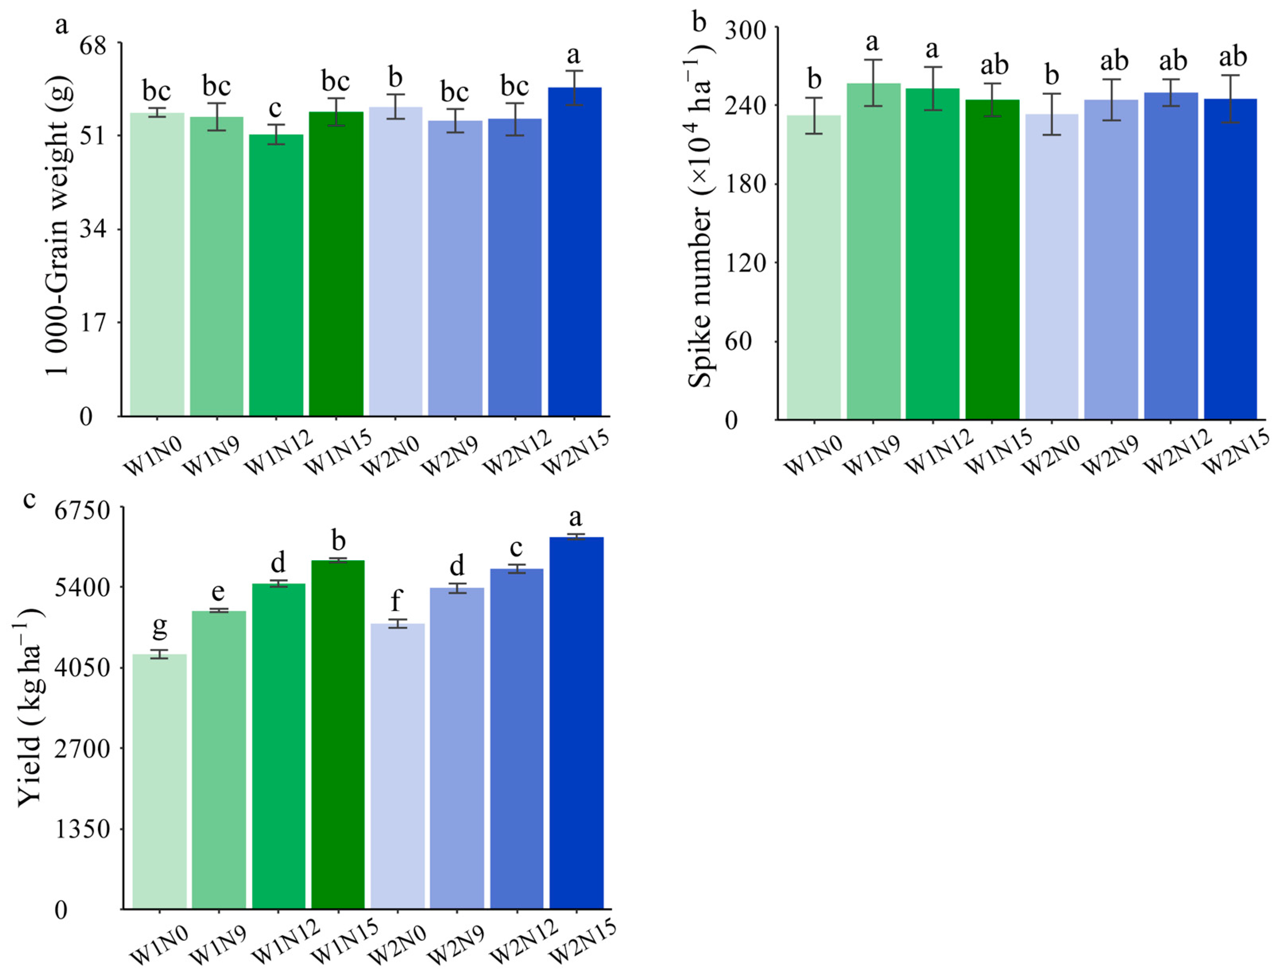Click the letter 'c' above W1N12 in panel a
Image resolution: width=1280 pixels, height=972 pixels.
[x=276, y=108]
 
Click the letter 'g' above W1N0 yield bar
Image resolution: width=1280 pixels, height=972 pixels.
[x=159, y=626]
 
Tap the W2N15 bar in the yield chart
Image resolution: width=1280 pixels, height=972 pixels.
[x=576, y=723]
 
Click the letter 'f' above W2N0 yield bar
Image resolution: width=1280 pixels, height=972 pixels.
[x=396, y=601]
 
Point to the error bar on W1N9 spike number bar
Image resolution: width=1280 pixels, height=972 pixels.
[x=873, y=83]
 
